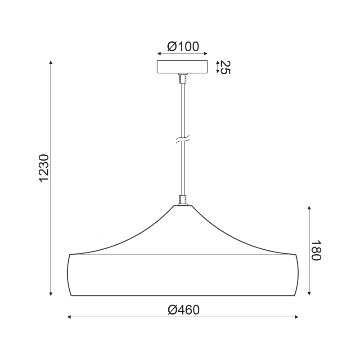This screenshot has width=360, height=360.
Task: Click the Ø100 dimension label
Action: (183, 47)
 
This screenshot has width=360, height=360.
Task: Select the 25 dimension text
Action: (225, 67)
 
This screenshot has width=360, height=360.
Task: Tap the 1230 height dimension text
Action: (44, 168)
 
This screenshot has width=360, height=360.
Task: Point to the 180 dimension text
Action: (316, 250)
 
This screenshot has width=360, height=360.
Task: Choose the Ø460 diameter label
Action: (184, 310)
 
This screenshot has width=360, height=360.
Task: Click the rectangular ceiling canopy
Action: (182, 67)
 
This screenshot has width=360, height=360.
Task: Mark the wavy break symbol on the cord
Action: (183, 139)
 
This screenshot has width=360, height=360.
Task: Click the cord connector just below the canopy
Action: (183, 78)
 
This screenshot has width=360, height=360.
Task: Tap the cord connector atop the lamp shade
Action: (183, 200)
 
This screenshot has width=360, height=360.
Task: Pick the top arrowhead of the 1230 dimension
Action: (51, 63)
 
